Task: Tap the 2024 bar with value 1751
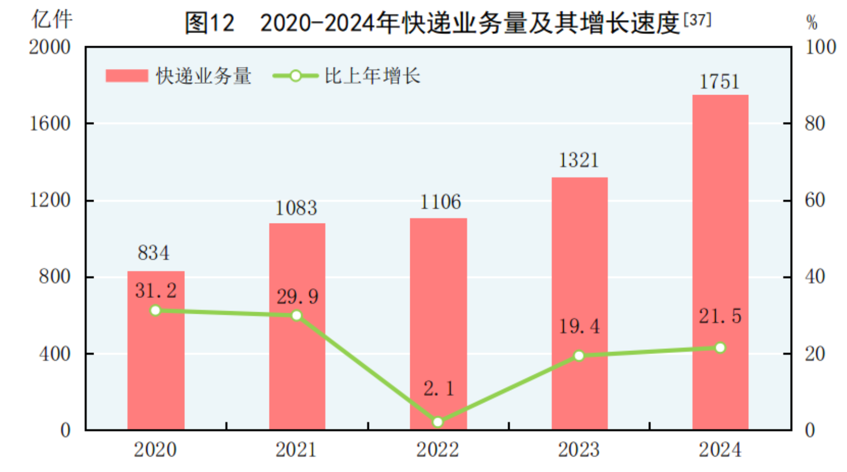point(720,239)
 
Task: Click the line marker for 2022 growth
point(438,422)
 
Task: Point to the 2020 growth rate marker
point(155,311)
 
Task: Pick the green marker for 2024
point(720,348)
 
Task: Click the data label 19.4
point(579,327)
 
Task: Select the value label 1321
point(579,160)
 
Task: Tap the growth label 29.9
point(297,297)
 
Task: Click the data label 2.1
point(439,389)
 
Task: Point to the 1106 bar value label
point(440,202)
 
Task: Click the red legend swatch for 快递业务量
point(126,76)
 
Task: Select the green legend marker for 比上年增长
point(295,76)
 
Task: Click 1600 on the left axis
point(50,124)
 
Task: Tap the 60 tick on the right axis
point(815,200)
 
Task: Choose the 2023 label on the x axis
point(579,450)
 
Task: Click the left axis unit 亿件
point(52,20)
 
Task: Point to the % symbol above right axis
point(811,23)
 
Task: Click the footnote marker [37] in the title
point(697,20)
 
